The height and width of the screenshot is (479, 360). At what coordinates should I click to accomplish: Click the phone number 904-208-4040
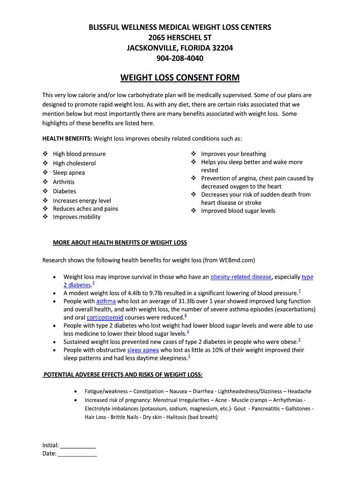click(180, 58)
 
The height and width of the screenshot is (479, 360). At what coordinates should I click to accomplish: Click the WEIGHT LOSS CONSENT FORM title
click(180, 77)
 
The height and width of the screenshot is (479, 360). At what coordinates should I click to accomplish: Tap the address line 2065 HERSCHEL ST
click(180, 37)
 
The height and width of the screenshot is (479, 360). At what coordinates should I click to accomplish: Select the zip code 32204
click(221, 48)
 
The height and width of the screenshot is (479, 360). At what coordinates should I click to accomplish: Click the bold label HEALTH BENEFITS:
click(67, 138)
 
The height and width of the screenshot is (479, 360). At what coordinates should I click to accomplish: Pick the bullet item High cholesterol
click(74, 163)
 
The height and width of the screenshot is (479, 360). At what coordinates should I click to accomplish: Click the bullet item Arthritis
click(64, 182)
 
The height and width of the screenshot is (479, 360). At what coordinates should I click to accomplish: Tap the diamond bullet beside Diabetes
click(45, 191)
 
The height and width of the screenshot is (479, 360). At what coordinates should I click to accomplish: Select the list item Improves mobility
click(77, 217)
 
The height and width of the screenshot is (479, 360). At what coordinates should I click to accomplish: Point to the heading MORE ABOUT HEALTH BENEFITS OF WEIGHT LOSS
click(120, 242)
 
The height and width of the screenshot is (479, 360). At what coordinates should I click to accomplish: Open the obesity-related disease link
click(241, 277)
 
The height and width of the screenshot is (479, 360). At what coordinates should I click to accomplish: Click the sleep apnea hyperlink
click(143, 350)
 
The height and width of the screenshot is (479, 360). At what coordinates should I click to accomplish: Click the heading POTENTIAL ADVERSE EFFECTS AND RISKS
click(122, 375)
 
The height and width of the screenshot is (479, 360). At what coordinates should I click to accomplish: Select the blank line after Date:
click(77, 453)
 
